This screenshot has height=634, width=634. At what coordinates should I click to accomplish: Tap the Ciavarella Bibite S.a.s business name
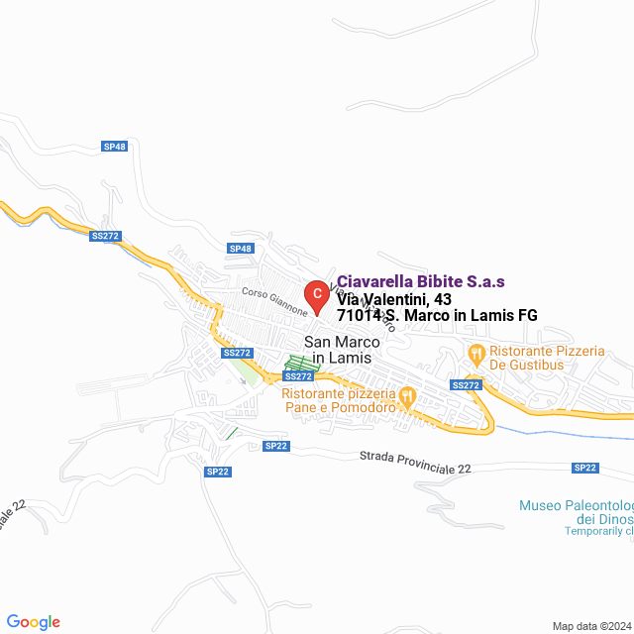pyautogui.click(x=421, y=281)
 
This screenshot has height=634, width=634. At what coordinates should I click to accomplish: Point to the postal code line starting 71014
pyautogui.click(x=437, y=316)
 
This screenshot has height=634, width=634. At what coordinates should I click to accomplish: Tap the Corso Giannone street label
pyautogui.click(x=275, y=300)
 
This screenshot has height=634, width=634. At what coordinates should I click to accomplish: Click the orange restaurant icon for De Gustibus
pyautogui.click(x=476, y=353)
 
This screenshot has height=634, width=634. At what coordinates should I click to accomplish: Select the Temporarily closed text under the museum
pyautogui.click(x=598, y=531)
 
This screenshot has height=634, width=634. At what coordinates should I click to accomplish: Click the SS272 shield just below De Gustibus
pyautogui.click(x=466, y=384)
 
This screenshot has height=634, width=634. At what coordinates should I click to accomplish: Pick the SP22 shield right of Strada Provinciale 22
pyautogui.click(x=585, y=468)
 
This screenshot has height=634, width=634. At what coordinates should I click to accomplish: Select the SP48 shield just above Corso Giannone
pyautogui.click(x=241, y=248)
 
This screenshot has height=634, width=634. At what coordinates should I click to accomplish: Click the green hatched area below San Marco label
pyautogui.click(x=303, y=364)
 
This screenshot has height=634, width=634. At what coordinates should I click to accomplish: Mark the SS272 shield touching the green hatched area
pyautogui.click(x=298, y=376)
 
